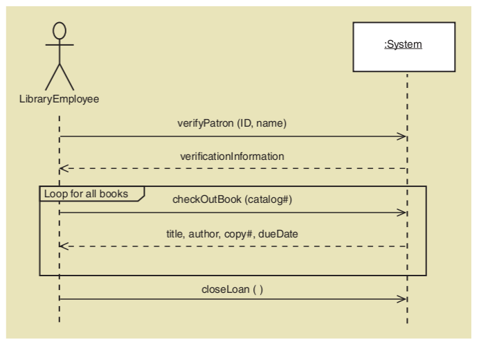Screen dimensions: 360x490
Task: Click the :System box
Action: tap(403, 46)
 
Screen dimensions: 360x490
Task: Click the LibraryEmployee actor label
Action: tap(59, 99)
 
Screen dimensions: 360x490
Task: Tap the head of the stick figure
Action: tap(60, 30)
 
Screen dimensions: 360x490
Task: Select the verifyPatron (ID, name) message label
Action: tap(232, 123)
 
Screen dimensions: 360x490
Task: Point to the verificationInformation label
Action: tap(232, 156)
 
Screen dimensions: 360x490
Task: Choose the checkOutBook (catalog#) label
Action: tap(232, 199)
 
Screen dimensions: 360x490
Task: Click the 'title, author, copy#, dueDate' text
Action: tap(232, 234)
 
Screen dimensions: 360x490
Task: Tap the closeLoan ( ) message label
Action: tap(232, 289)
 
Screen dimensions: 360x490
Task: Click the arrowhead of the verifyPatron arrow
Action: tap(401, 136)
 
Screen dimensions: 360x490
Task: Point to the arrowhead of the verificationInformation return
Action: tap(64, 168)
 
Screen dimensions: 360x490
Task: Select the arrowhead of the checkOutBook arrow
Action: tap(401, 213)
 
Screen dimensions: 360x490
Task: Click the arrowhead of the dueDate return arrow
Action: tap(64, 246)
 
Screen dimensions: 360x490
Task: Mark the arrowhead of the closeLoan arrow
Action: tap(401, 298)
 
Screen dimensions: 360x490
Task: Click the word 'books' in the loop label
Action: tap(114, 194)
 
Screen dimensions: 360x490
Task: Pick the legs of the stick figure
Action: tap(60, 76)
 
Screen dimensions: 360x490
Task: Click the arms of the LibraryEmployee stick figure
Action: tap(60, 46)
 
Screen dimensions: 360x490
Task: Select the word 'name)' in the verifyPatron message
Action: tap(272, 123)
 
